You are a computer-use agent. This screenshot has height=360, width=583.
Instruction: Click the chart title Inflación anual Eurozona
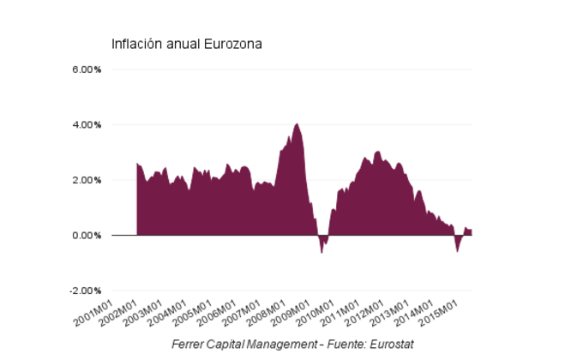pos(186,44)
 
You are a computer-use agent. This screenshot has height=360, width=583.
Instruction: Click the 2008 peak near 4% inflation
pos(297,125)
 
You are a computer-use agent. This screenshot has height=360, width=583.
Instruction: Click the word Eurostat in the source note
pos(390,345)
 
